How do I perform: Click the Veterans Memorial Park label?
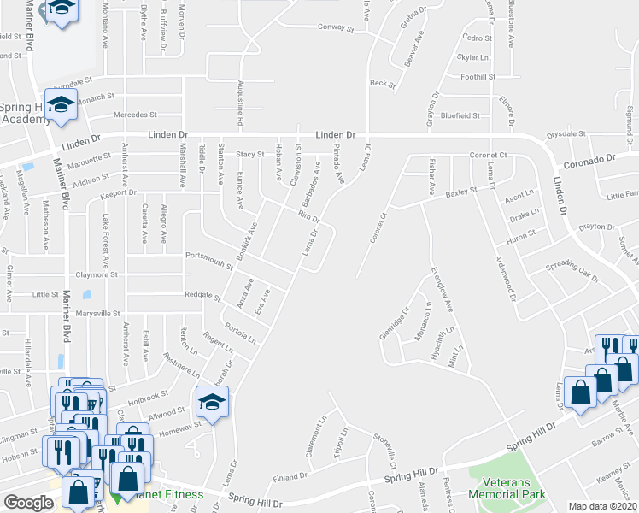(513, 486)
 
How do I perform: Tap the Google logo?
(28, 503)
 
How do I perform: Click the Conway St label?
(337, 28)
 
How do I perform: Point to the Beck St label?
(383, 84)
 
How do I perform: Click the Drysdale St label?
(566, 134)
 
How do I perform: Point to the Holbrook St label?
(151, 396)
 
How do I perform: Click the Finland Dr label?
(290, 475)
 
